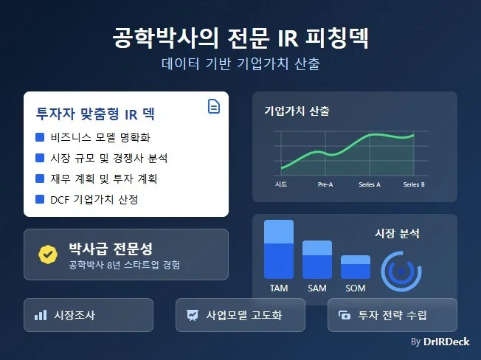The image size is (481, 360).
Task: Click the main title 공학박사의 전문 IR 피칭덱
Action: [240, 36]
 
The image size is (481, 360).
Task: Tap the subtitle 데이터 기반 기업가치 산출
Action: [240, 63]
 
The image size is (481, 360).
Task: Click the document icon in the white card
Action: [213, 107]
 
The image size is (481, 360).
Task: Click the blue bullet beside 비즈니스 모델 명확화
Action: [40, 137]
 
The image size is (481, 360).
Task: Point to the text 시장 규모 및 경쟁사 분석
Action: [110, 158]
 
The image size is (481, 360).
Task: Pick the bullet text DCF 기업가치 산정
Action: [94, 199]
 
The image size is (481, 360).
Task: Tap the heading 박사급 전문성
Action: [110, 249]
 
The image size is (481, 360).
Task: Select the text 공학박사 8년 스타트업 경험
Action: [124, 265]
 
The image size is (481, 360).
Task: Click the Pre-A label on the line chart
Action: [325, 184]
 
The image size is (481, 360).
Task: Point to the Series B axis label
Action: [414, 184]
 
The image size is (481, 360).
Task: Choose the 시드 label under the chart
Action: [281, 184]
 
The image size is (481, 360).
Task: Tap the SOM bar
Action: [355, 266]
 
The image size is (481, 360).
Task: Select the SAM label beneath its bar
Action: [317, 288]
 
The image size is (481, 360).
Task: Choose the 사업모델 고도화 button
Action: [240, 315]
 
